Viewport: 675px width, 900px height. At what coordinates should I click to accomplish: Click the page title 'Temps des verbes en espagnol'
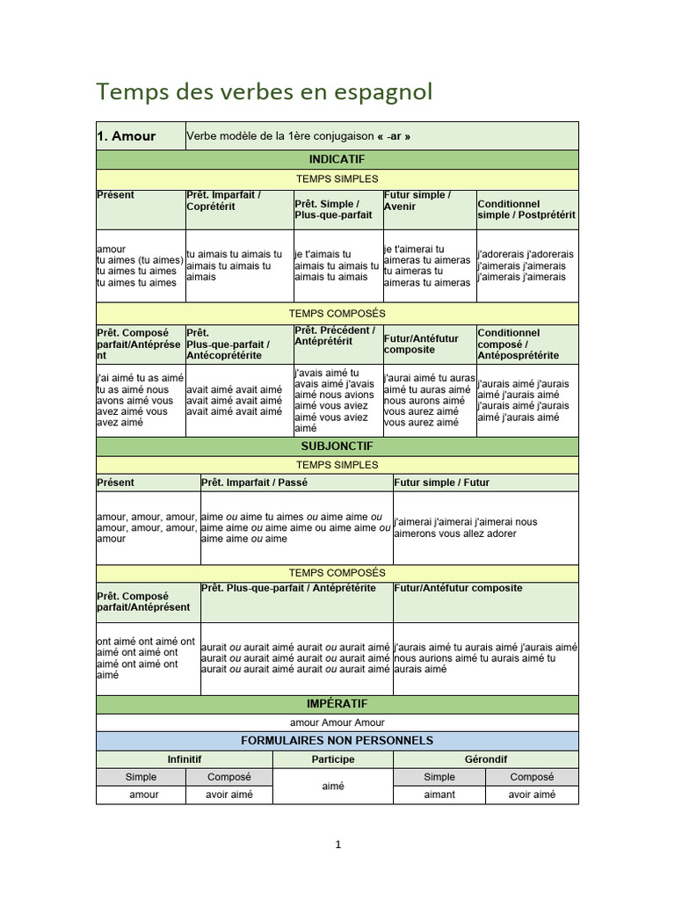click(264, 91)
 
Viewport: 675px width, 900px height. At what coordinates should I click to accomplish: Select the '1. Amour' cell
click(127, 136)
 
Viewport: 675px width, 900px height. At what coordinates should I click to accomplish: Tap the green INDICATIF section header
click(337, 159)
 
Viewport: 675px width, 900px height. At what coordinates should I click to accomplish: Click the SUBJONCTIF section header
click(337, 446)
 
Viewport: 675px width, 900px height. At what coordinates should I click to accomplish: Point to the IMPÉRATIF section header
click(337, 704)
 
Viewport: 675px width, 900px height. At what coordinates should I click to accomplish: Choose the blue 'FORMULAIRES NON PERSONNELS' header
click(337, 741)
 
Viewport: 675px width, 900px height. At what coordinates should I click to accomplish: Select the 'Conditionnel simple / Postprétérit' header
click(526, 209)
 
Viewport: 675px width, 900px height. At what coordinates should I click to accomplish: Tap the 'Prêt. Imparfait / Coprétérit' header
click(223, 200)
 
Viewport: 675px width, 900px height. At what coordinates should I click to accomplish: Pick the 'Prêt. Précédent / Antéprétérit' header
click(335, 336)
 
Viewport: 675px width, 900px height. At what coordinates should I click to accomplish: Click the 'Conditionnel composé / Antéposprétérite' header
click(519, 344)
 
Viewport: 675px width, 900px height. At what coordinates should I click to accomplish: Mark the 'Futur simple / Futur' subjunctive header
click(441, 483)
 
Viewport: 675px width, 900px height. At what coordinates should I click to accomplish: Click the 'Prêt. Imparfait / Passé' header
click(255, 483)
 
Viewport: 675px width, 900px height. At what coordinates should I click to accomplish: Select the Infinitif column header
click(185, 759)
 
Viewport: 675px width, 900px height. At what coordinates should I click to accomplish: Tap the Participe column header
click(333, 759)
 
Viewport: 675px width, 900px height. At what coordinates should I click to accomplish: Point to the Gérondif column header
click(485, 759)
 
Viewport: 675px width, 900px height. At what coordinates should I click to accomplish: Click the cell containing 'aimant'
click(439, 795)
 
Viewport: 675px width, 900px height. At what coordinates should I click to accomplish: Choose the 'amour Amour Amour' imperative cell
click(337, 722)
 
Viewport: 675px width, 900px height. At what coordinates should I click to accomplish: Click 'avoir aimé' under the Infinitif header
click(229, 795)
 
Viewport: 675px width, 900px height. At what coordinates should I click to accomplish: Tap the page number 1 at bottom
click(337, 846)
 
